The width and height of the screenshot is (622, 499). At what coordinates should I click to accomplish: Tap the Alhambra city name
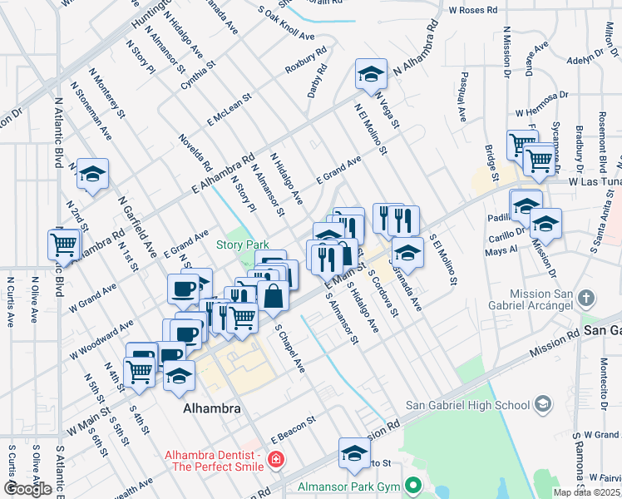(x=212, y=409)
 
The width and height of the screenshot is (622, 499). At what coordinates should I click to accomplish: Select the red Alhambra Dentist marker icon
(x=275, y=458)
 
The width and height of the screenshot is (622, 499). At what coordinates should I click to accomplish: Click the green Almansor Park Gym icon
(x=413, y=485)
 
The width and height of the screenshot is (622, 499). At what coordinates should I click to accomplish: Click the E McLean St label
(x=230, y=110)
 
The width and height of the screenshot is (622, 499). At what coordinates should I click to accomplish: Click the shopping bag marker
(x=273, y=295)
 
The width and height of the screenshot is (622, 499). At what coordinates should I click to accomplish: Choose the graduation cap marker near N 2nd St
(x=92, y=174)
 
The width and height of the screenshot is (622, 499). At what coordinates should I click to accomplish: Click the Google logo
(x=27, y=489)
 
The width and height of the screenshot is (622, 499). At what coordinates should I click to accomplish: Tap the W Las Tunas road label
(x=594, y=181)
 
